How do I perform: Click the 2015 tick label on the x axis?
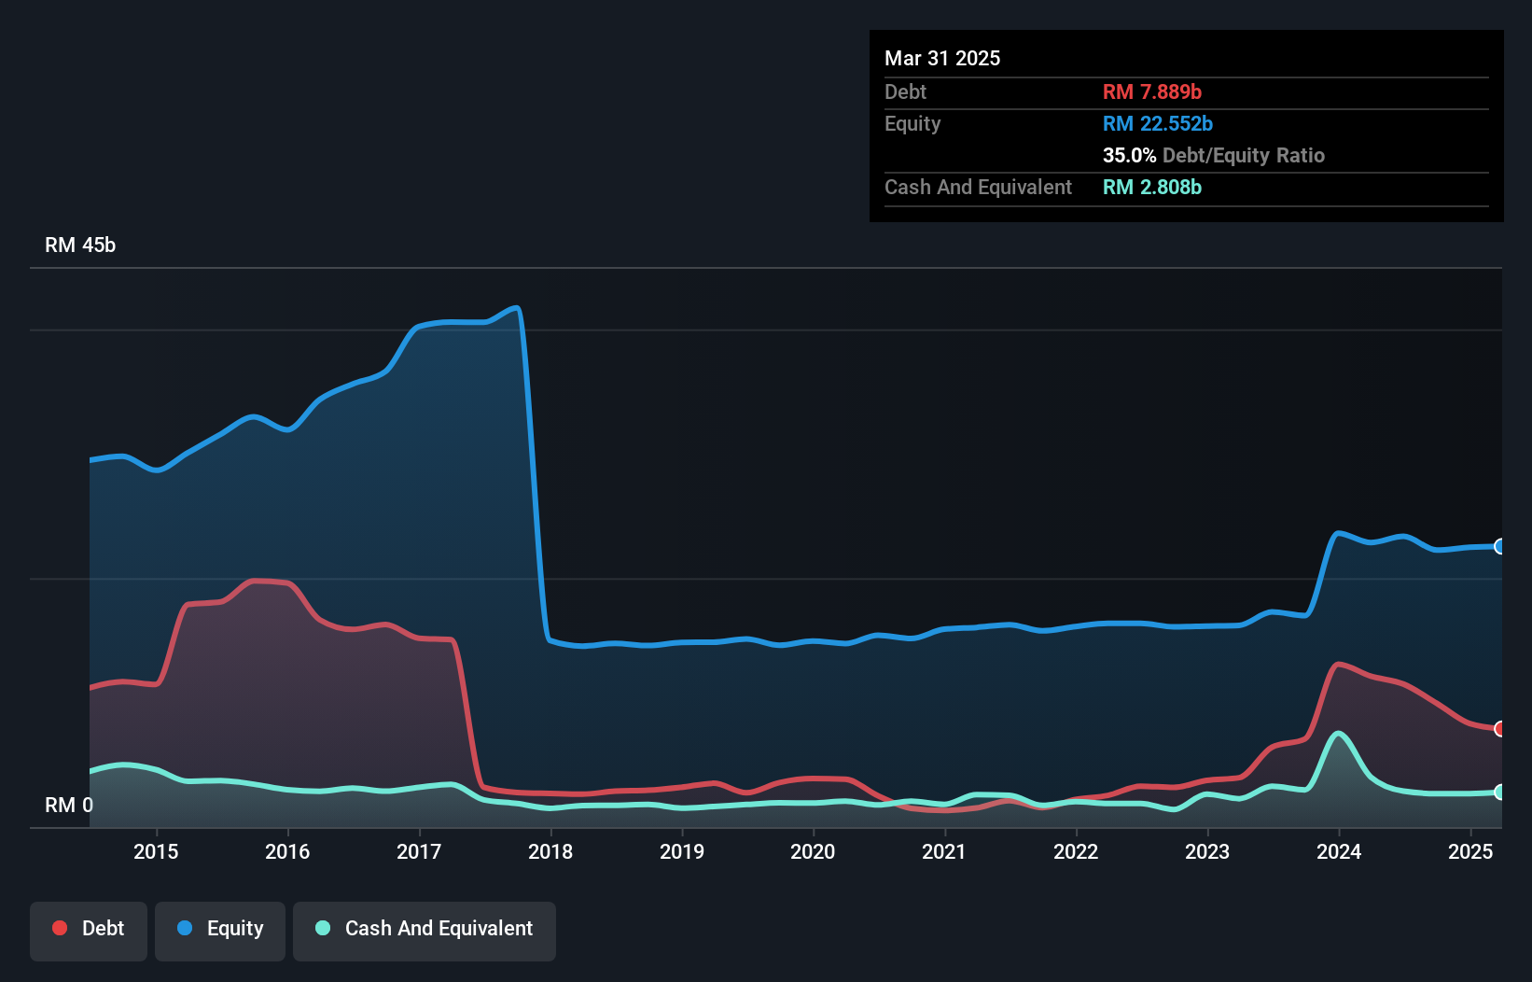point(156,851)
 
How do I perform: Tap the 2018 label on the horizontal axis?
point(550,851)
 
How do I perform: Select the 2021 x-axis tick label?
point(944,851)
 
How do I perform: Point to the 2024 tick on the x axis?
point(1339,851)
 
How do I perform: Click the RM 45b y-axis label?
point(80,245)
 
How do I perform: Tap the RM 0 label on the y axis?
point(69,805)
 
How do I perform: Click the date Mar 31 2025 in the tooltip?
point(942,58)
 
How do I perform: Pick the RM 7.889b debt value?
point(1152,91)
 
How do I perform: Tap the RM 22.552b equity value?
point(1158,123)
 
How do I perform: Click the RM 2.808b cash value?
point(1152,187)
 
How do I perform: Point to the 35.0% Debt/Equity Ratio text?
point(1213,155)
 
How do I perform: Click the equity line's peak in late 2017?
point(516,307)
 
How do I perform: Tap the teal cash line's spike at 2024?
point(1339,733)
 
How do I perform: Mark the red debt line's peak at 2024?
point(1339,664)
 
